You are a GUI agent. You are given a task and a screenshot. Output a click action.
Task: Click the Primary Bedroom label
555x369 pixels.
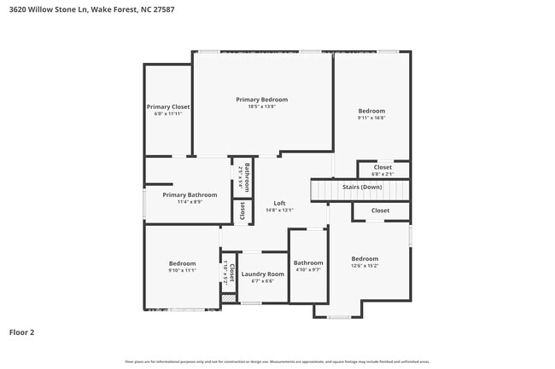pyautogui.click(x=262, y=100)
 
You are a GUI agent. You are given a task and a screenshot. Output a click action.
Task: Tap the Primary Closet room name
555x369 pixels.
pyautogui.click(x=167, y=107)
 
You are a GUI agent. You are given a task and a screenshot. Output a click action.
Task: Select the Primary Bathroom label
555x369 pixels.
pyautogui.click(x=190, y=194)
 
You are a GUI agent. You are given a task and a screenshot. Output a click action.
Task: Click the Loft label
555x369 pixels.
pyautogui.click(x=279, y=203)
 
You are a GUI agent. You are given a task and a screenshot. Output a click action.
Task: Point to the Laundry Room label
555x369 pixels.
pyautogui.click(x=262, y=274)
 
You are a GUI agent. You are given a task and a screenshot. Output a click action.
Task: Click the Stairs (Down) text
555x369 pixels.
pyautogui.click(x=362, y=187)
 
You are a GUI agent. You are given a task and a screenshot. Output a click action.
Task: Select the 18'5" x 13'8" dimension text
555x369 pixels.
pyautogui.click(x=262, y=107)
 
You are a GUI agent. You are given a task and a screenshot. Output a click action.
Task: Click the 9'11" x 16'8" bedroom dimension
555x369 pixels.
pyautogui.click(x=371, y=118)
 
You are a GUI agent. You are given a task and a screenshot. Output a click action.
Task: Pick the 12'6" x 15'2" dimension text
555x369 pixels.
pyautogui.click(x=365, y=266)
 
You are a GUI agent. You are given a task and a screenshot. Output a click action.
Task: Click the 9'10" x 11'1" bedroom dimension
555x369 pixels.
pyautogui.click(x=182, y=270)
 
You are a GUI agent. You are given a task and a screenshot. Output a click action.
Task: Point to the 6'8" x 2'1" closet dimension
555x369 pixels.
pyautogui.click(x=383, y=174)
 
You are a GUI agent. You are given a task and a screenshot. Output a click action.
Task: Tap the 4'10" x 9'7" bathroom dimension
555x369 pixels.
pyautogui.click(x=308, y=269)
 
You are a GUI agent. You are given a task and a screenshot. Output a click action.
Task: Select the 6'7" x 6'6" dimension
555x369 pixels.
pyautogui.click(x=262, y=280)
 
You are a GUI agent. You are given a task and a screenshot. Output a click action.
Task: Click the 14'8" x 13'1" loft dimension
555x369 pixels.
pyautogui.click(x=279, y=210)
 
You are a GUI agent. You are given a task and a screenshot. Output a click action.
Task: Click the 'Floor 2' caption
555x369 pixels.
pyautogui.click(x=21, y=332)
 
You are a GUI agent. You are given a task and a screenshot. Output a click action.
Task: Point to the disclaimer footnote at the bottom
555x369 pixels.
pyautogui.click(x=277, y=361)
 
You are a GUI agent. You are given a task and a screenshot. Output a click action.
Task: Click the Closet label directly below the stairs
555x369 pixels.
pyautogui.click(x=380, y=210)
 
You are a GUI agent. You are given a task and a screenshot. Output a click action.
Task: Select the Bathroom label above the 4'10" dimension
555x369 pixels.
pyautogui.click(x=308, y=262)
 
